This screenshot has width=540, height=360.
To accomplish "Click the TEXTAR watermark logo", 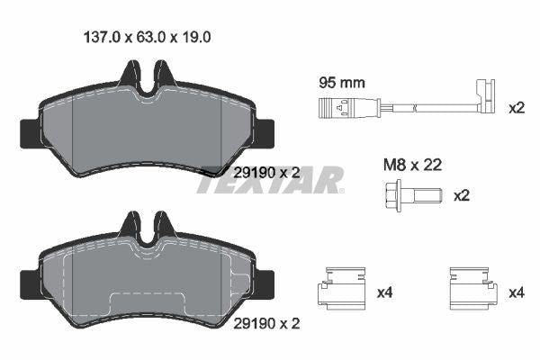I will [270, 180].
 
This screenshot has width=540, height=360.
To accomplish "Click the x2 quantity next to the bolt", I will [461, 195].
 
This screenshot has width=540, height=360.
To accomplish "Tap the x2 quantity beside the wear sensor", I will [516, 108].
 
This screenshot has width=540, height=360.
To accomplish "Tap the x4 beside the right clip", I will [516, 292].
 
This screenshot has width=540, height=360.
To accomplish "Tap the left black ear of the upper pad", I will [27, 132].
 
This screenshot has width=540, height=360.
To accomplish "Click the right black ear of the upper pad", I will [266, 132].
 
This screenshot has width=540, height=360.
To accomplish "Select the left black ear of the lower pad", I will [27, 282].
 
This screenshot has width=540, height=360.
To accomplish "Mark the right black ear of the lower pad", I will [266, 282].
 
